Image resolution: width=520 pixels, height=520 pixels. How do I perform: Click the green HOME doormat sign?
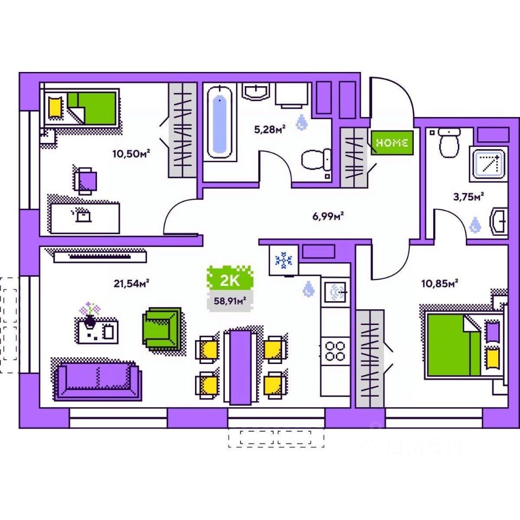click(392, 143)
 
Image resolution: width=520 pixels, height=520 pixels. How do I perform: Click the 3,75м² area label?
click(468, 197)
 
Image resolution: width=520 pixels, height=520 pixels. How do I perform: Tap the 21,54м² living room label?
click(131, 282)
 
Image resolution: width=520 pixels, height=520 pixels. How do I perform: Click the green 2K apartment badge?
click(230, 280)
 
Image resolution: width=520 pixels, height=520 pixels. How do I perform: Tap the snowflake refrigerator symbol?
click(283, 261)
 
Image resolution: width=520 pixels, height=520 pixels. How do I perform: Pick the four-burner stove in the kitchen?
click(335, 350)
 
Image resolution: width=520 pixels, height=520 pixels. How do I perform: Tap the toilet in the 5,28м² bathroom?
click(316, 159)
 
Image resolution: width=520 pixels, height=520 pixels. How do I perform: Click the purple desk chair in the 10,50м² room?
click(87, 179)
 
